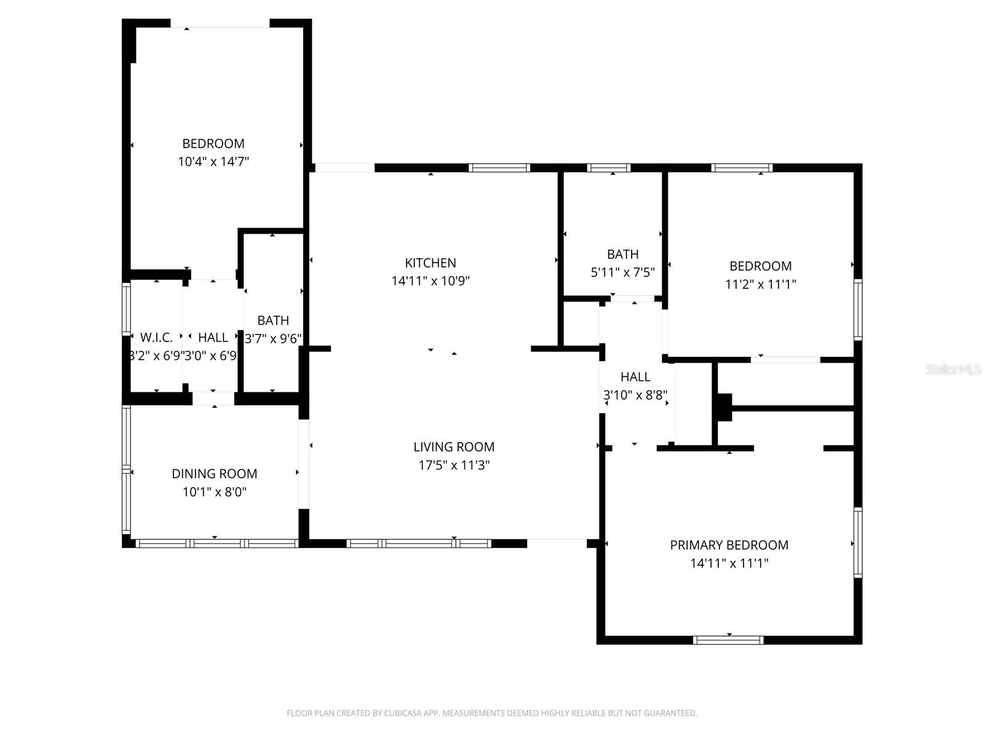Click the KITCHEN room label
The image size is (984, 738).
[430, 263]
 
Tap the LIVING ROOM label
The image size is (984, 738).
[454, 447]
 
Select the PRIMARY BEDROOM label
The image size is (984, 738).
[729, 545]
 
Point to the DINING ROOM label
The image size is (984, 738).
[214, 474]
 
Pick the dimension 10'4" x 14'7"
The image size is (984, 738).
[213, 162]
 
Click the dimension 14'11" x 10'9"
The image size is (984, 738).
[430, 281]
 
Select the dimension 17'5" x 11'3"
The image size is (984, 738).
[454, 466]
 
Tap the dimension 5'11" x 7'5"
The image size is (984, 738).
[622, 272]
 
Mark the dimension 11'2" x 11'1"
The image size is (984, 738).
[760, 284]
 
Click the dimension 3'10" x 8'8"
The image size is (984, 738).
[635, 395]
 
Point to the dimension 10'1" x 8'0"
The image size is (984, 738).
[214, 492]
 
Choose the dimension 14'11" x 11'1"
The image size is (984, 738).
[729, 563]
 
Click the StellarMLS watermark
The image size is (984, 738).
[953, 370]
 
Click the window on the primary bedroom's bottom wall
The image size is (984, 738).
[728, 640]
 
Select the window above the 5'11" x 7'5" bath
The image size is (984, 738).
[609, 167]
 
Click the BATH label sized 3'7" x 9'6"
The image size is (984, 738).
[273, 320]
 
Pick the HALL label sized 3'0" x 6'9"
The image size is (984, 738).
[213, 338]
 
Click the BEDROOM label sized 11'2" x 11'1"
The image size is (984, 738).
[760, 266]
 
